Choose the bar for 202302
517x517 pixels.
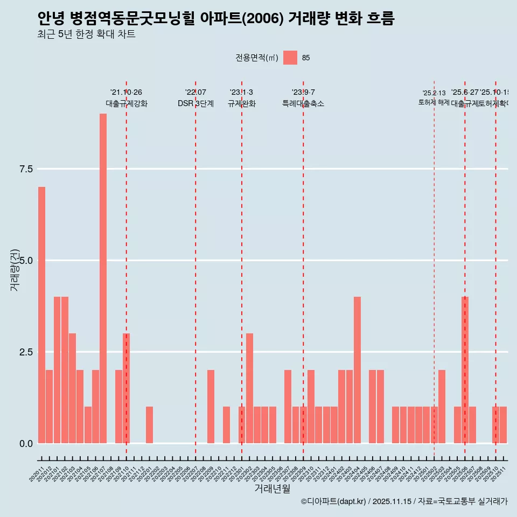(249, 388)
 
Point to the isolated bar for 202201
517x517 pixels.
(149, 425)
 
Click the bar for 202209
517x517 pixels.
(211, 407)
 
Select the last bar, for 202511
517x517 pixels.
(503, 425)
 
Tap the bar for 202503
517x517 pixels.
(442, 407)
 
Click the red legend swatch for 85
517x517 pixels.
(290, 58)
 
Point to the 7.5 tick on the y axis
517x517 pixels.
(26, 169)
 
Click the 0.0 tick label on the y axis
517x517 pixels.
(26, 444)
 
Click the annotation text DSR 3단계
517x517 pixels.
(195, 103)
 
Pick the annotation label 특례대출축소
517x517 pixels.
(303, 103)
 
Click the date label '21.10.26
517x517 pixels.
(126, 93)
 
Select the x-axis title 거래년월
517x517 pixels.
(272, 489)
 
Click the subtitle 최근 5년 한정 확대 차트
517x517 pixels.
(86, 34)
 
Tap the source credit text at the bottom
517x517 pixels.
(404, 501)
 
